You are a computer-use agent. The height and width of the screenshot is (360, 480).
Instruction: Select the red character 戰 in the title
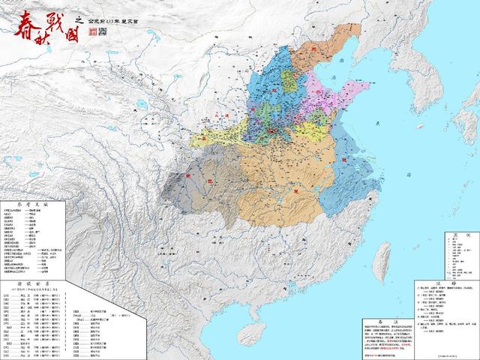point(57,16)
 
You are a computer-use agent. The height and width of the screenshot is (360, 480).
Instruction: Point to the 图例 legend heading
point(454,234)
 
